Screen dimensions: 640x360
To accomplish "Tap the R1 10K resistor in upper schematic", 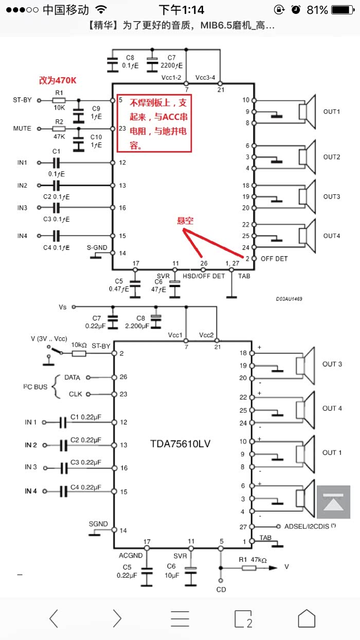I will (x=59, y=100).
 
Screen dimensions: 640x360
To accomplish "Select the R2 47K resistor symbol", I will (x=59, y=129).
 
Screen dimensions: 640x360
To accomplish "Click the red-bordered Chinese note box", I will (x=154, y=123).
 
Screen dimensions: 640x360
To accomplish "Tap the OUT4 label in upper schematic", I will (x=332, y=236).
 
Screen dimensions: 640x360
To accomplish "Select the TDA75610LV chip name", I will (x=181, y=443).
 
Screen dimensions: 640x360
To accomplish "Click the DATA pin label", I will (x=72, y=377).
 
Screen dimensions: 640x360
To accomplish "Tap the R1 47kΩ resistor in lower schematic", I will (x=249, y=567).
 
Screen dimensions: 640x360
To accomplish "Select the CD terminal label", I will (x=221, y=589).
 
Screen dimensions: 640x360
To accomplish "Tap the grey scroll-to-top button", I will (x=333, y=502).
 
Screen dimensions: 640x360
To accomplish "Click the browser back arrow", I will (x=54, y=618).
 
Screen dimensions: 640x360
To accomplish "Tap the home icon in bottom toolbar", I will (x=307, y=618).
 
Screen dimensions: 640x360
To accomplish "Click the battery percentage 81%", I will (x=317, y=10).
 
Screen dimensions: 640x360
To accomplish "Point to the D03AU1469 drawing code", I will (x=290, y=298).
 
